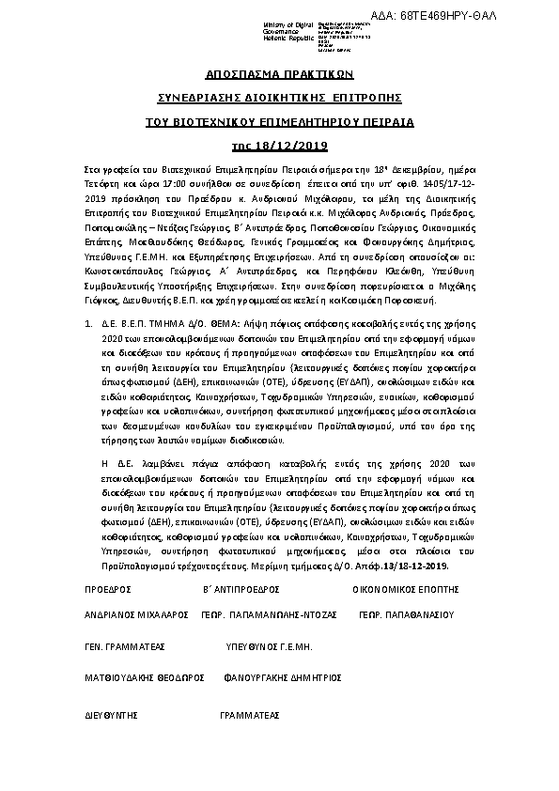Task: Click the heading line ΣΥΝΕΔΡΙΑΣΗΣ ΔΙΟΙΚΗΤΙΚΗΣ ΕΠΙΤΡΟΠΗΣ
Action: click(279, 98)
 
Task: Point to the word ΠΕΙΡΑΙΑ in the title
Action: click(386, 122)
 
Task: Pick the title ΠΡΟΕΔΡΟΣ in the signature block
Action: click(106, 589)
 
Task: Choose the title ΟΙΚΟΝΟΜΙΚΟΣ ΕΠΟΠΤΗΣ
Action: click(406, 589)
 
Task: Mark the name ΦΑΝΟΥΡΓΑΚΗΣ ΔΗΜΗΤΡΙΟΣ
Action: click(281, 676)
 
